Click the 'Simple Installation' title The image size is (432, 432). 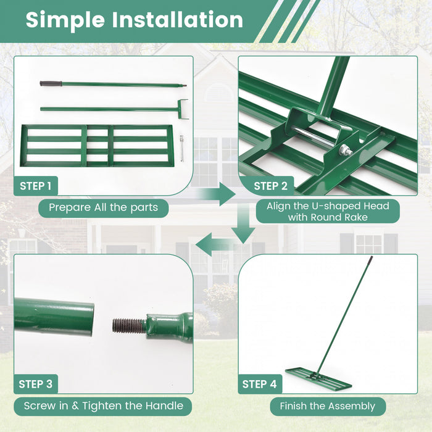[x=135, y=20]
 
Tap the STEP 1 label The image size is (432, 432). [x=36, y=186]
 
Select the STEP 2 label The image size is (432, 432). [x=270, y=186]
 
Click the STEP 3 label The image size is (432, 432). [x=36, y=384]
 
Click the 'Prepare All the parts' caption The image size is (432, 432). [x=103, y=207]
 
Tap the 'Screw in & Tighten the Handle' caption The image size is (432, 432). [x=103, y=405]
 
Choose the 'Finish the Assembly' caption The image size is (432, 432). [x=327, y=406]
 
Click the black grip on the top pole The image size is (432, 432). [x=49, y=83]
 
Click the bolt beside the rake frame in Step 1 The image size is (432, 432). [x=183, y=149]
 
